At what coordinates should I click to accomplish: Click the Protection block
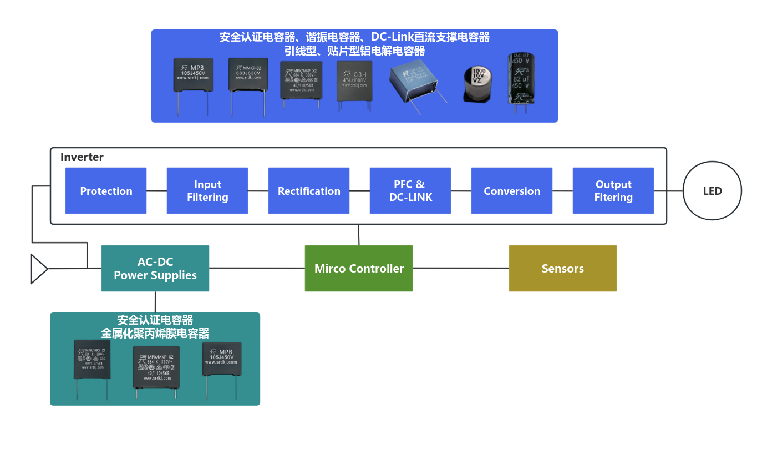pyautogui.click(x=106, y=190)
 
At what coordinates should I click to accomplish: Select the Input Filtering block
pyautogui.click(x=207, y=190)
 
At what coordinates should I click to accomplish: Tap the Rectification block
pyautogui.click(x=309, y=190)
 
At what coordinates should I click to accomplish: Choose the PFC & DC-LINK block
pyautogui.click(x=410, y=190)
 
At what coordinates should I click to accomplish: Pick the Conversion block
pyautogui.click(x=512, y=190)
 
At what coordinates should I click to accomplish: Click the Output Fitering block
pyautogui.click(x=613, y=190)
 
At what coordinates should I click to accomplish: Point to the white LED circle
pyautogui.click(x=712, y=191)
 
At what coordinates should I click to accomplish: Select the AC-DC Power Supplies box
pyautogui.click(x=155, y=268)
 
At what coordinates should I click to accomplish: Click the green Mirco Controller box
pyautogui.click(x=359, y=268)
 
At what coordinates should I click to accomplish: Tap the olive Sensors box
pyautogui.click(x=562, y=268)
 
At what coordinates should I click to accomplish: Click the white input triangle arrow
pyautogui.click(x=38, y=269)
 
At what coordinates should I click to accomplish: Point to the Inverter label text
pyautogui.click(x=82, y=157)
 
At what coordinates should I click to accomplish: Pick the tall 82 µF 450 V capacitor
pyautogui.click(x=521, y=79)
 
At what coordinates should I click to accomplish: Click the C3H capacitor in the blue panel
pyautogui.click(x=354, y=81)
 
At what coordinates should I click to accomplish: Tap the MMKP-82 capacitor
pyautogui.click(x=248, y=74)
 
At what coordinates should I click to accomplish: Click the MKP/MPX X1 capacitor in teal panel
pyautogui.click(x=92, y=359)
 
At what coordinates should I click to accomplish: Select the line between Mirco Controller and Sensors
pyautogui.click(x=461, y=268)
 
